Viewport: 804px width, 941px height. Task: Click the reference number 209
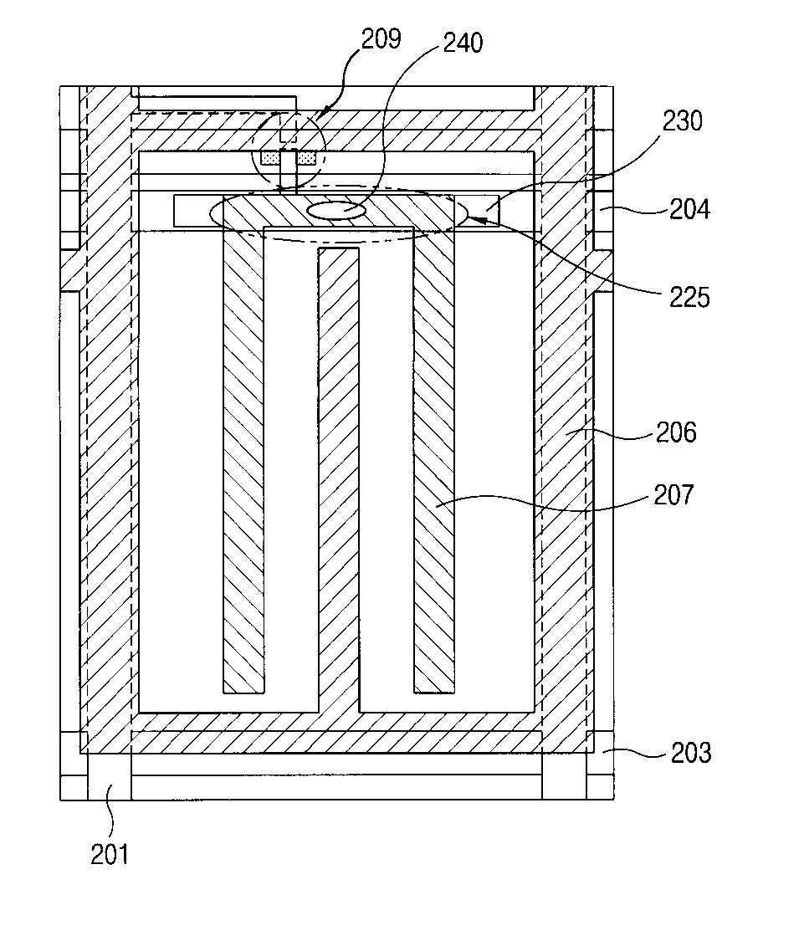[382, 38]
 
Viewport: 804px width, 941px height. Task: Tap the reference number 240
[463, 42]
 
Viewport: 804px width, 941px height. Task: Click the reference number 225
[689, 297]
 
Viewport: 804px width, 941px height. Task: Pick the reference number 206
[676, 432]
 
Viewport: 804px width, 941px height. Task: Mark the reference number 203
[691, 753]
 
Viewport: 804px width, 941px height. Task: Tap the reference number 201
[110, 854]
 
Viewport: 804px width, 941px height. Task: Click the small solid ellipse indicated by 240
[336, 211]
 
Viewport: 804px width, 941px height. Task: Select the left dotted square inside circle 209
[270, 157]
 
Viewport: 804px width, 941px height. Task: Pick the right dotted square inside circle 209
[307, 157]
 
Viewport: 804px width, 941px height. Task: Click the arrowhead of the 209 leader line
[325, 110]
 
